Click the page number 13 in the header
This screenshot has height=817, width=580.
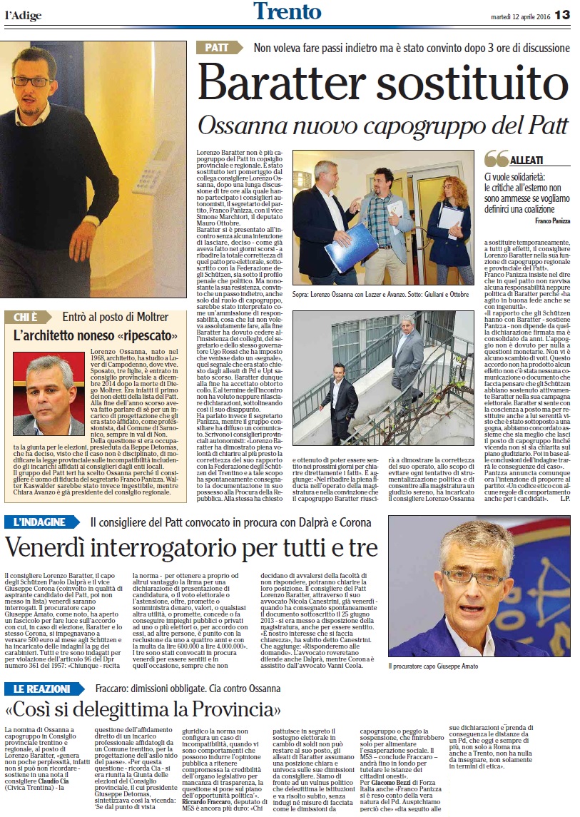coord(562,14)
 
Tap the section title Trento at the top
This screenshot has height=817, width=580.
coord(287,12)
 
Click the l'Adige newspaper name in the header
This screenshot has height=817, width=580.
coord(24,16)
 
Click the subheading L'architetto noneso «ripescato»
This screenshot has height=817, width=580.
coord(88,335)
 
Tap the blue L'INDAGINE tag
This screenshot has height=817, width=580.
coord(44,522)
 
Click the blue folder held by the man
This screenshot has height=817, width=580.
coord(350,248)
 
